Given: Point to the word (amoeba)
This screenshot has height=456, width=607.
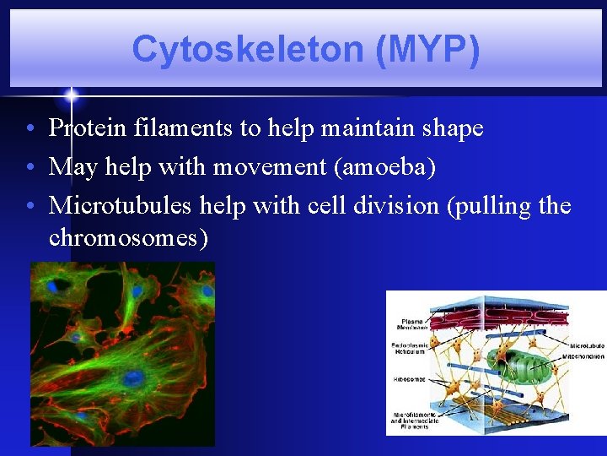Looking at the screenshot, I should click(385, 167).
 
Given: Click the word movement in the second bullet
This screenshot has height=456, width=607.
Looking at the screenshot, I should click(271, 167).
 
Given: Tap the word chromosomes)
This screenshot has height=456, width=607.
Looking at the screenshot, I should click(128, 238).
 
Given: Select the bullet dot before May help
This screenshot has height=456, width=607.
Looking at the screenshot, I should click(30, 168).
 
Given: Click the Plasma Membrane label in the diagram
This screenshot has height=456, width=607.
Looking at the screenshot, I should click(412, 323).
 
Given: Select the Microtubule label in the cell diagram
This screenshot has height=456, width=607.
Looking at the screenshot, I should click(585, 345).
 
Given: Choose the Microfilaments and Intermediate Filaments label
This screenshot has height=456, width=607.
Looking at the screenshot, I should click(412, 420).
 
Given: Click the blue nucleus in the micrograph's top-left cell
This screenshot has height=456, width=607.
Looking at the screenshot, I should click(52, 287).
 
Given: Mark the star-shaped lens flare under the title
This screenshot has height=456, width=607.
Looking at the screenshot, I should click(72, 95).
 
